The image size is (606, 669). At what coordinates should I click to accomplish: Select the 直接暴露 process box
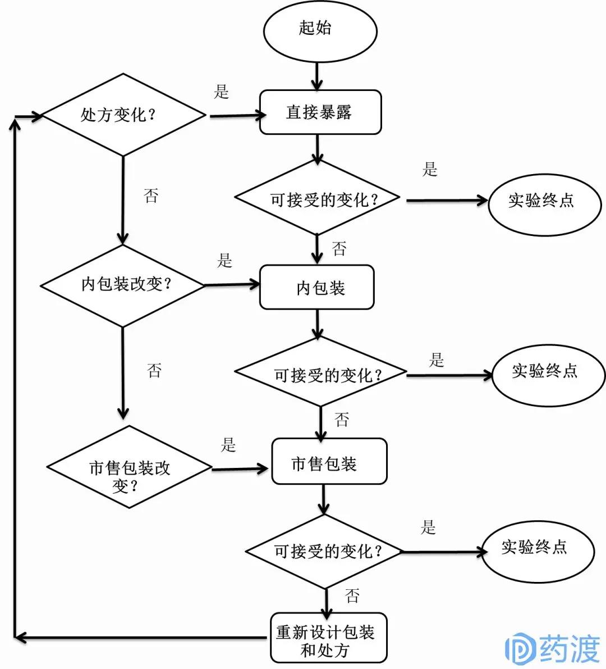pyautogui.click(x=320, y=112)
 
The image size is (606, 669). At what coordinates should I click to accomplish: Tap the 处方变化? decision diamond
pyautogui.click(x=123, y=115)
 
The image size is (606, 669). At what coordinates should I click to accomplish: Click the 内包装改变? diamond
pyautogui.click(x=123, y=285)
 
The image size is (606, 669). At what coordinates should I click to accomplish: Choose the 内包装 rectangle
pyautogui.click(x=317, y=288)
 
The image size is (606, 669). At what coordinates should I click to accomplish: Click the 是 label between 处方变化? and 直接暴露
pyautogui.click(x=222, y=92)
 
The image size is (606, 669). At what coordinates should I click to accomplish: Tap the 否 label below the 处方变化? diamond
pyautogui.click(x=151, y=195)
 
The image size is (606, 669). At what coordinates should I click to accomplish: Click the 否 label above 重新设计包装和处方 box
pyautogui.click(x=352, y=595)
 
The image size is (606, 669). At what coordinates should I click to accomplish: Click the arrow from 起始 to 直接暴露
pyautogui.click(x=318, y=76)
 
